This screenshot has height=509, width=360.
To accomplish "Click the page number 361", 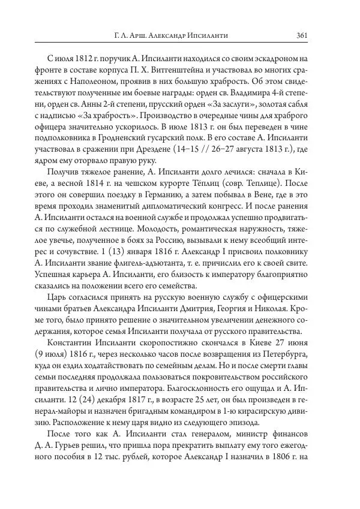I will pos(302,35).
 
